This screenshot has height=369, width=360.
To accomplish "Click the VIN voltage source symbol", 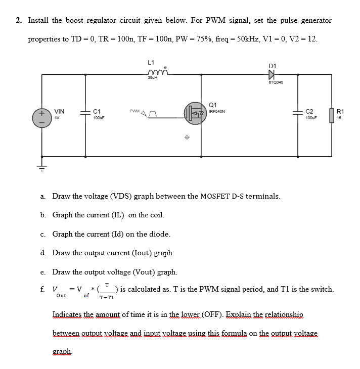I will pos(42,116).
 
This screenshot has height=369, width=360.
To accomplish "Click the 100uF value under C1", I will pos(99,117).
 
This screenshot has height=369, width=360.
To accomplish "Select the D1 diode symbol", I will pos(274,74).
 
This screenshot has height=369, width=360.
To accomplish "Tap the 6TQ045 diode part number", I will pos(275,82).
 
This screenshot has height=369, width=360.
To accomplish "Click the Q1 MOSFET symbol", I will pos(194,114).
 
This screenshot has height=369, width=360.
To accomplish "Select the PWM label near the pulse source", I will pos(134,111).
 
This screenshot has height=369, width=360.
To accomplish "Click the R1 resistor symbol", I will pos(331,116).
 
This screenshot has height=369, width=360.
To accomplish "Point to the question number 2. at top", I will pos(19,21).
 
